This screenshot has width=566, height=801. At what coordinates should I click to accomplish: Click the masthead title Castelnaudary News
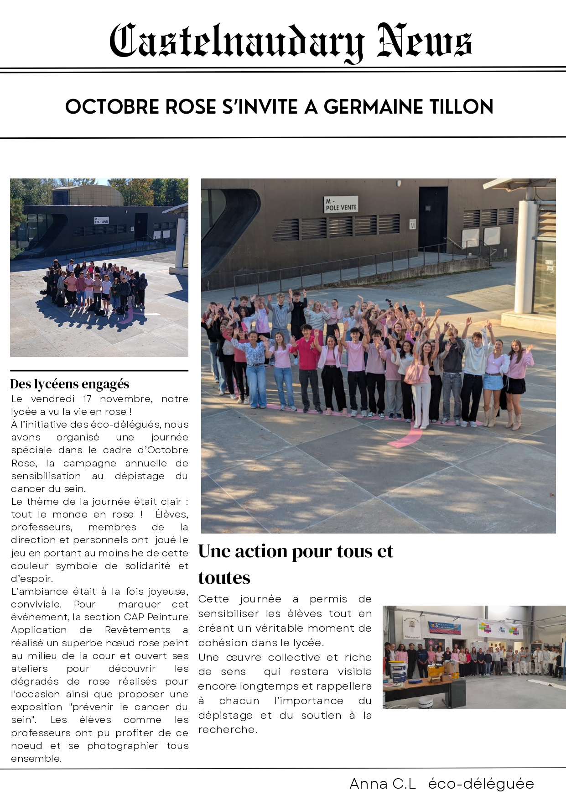point(291,42)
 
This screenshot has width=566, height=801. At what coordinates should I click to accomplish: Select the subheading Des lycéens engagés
point(70,384)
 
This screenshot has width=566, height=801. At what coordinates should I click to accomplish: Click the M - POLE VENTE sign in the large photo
point(341,204)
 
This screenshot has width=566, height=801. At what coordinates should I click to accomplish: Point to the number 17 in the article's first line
point(87,399)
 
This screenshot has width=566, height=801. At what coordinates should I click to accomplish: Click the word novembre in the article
point(126,399)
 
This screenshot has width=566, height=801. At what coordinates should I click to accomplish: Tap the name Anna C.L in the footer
point(383,784)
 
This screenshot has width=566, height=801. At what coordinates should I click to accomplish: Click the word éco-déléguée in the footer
point(481,784)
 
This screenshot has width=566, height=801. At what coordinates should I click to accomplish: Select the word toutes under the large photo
point(224,578)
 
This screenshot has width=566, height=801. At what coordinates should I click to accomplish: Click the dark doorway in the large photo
point(432,219)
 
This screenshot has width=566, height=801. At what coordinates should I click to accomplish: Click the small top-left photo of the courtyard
point(99,267)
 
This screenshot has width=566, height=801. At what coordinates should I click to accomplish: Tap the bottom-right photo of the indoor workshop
point(474,657)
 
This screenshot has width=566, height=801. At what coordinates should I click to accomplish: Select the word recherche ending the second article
point(227,730)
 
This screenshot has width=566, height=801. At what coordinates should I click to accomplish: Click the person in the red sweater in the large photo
point(309,356)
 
